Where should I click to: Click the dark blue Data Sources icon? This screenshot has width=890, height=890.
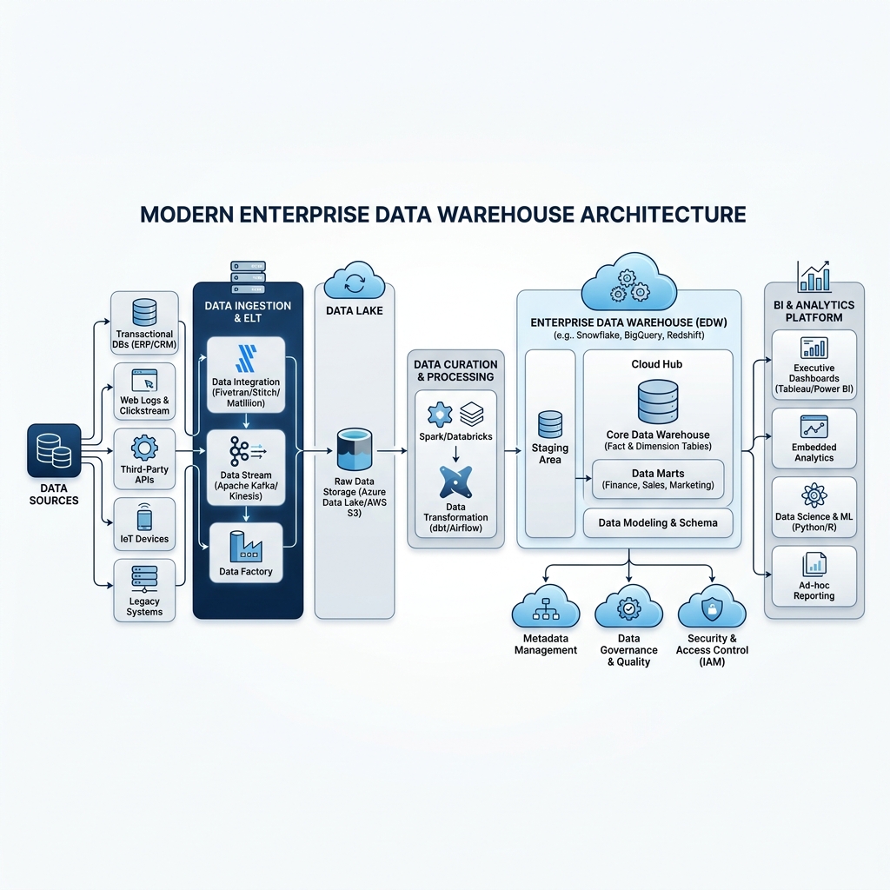click(54, 450)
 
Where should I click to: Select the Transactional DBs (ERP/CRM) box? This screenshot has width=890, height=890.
click(144, 323)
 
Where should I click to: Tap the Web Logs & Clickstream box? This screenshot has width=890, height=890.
click(144, 392)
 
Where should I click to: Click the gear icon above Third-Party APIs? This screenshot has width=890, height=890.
click(144, 448)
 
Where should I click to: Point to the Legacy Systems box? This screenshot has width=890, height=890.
click(144, 590)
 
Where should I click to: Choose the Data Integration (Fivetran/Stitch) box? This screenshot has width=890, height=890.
click(246, 375)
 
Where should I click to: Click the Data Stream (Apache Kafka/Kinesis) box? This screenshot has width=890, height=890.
click(246, 468)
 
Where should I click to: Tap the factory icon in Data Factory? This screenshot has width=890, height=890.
click(246, 547)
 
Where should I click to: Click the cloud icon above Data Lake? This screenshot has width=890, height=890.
click(355, 280)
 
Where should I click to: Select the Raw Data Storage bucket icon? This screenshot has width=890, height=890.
click(355, 449)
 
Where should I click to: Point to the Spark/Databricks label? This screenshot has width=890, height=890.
click(455, 436)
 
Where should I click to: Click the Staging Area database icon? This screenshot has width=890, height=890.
click(550, 424)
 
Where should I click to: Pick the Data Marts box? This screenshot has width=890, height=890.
click(658, 479)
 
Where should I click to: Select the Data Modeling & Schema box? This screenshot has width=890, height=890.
click(658, 522)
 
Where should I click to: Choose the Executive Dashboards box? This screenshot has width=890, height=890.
click(814, 365)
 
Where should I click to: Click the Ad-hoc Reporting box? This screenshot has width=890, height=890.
click(814, 577)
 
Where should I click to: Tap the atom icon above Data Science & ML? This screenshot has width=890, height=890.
click(814, 495)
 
